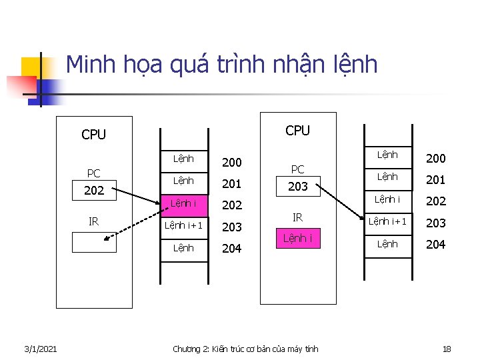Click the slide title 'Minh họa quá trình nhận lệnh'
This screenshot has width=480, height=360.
point(222,65)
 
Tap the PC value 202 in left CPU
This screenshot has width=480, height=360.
point(94,191)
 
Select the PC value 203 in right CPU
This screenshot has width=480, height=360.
point(297,187)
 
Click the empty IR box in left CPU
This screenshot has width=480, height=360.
point(94,242)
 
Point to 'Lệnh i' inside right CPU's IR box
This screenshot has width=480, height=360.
point(297,238)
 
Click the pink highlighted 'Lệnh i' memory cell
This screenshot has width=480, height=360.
point(183,203)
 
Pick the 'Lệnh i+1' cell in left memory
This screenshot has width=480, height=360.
point(183,226)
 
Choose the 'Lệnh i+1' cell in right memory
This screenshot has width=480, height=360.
point(387,221)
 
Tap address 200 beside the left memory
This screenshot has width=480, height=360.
point(232,162)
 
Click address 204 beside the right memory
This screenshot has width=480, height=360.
point(435,244)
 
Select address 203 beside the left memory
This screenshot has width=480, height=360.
point(232,227)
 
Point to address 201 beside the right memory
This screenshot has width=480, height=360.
point(435,179)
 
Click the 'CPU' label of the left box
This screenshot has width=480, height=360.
point(93,135)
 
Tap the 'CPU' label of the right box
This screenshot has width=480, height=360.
point(297,131)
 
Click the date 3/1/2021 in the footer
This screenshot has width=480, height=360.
point(40,349)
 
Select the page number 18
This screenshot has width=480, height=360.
point(447,349)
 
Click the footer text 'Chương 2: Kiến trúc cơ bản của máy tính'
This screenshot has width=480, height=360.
point(245,349)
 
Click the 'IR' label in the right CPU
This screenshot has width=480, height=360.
point(298,217)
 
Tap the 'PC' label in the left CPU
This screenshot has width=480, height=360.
point(94,173)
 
